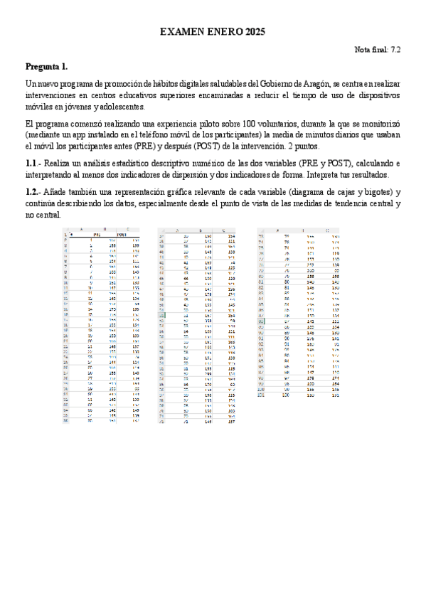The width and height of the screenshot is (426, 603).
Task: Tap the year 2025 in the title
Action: pyautogui.click(x=252, y=32)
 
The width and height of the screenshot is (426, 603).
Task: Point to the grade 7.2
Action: pyautogui.click(x=395, y=50)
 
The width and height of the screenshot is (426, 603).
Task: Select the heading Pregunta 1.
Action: pyautogui.click(x=47, y=67)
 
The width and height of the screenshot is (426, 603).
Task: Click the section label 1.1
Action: pyautogui.click(x=33, y=164)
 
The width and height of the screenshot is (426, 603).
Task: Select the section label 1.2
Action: pyautogui.click(x=33, y=193)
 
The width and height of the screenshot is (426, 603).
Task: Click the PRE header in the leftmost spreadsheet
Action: pyautogui.click(x=93, y=235)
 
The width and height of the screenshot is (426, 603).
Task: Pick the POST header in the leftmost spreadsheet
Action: pyautogui.click(x=120, y=235)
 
